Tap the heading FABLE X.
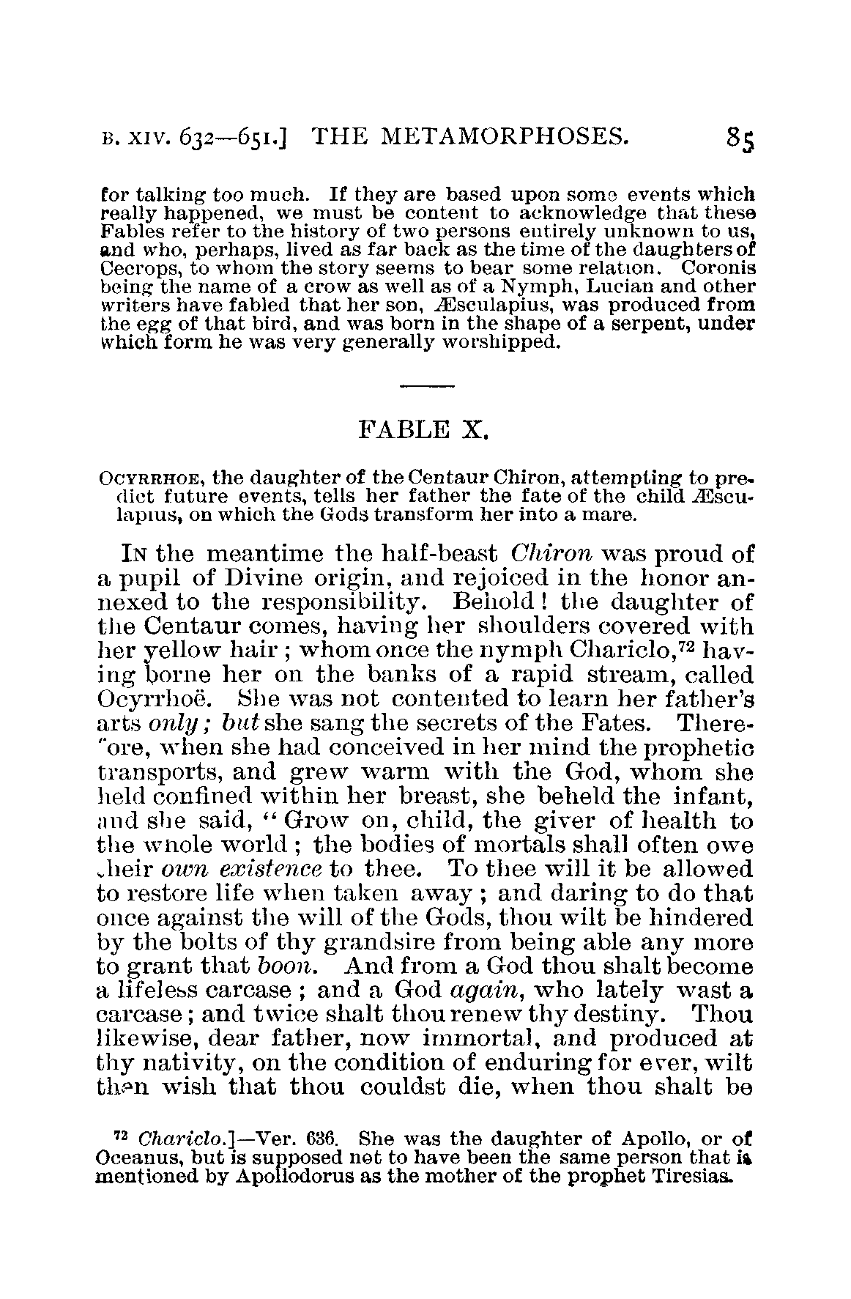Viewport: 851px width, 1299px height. [423, 429]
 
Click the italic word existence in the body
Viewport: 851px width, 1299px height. [272, 870]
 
